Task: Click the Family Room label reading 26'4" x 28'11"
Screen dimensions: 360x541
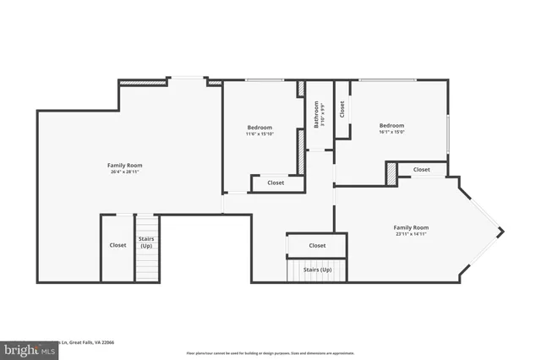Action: (x=124, y=168)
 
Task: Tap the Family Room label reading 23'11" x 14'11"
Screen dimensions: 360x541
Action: (x=411, y=231)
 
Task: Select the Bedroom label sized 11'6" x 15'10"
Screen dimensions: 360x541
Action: (x=260, y=130)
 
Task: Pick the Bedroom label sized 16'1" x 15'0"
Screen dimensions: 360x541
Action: (x=391, y=128)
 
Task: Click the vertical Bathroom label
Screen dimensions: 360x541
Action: (x=318, y=115)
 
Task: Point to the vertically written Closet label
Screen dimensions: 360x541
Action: (x=342, y=108)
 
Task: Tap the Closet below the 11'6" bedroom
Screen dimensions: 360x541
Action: (x=276, y=183)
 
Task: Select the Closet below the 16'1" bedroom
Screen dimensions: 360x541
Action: (x=421, y=170)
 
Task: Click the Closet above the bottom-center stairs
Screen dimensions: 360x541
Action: (x=317, y=245)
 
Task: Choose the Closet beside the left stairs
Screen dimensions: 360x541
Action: (x=117, y=246)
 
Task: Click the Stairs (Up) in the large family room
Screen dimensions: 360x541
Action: (x=146, y=243)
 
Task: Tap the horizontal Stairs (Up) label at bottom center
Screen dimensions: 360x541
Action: (x=317, y=270)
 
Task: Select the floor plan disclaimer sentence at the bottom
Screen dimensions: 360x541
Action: (x=270, y=353)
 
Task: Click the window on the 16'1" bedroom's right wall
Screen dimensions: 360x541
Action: (x=447, y=132)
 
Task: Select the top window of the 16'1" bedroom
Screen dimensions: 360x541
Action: (x=389, y=81)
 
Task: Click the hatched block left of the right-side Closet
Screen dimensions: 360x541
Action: (x=391, y=172)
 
